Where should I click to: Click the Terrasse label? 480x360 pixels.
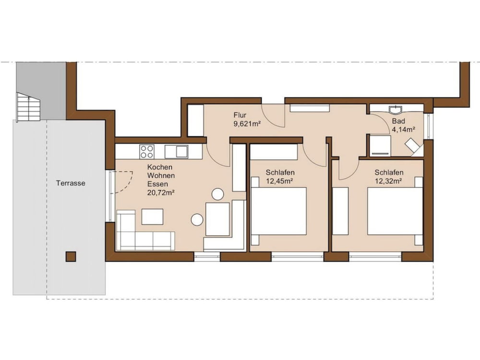(71, 183)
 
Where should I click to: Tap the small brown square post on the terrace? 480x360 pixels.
(71, 256)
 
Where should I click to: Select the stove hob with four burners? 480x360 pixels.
(146, 152)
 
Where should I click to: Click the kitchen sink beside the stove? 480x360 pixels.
(176, 152)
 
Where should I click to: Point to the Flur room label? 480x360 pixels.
(240, 115)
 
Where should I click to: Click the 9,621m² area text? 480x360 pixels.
(247, 124)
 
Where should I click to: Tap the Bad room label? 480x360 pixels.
(398, 121)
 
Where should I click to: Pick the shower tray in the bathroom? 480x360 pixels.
(380, 146)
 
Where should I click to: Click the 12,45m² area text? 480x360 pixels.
(279, 181)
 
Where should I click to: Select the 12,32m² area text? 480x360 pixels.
(388, 181)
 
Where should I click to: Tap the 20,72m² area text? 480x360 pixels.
(161, 192)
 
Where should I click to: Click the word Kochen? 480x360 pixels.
(160, 167)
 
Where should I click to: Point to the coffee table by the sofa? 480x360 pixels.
(153, 217)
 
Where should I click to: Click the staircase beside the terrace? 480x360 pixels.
(28, 107)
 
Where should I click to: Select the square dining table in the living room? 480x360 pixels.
(217, 219)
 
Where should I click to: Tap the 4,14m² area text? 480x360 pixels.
(404, 130)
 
